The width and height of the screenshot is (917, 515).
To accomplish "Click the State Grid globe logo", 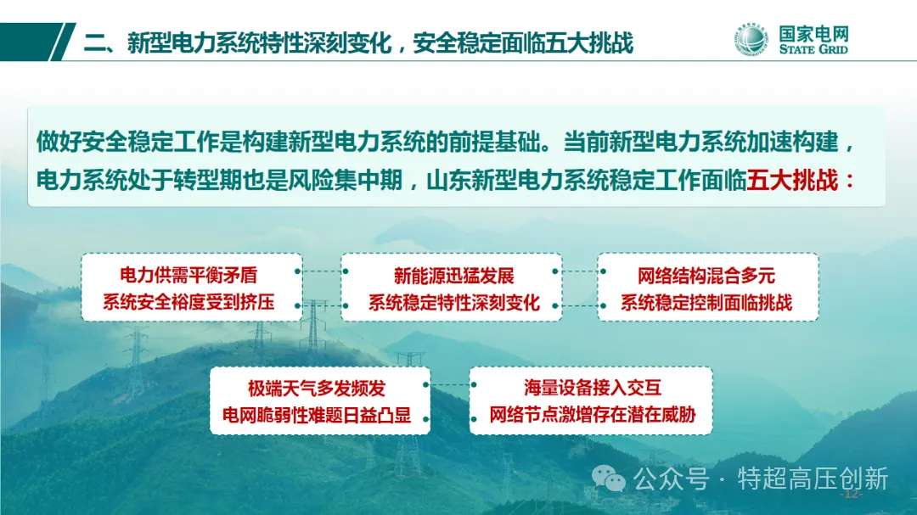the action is (x=751, y=40).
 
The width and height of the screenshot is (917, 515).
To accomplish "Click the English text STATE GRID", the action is (x=813, y=49).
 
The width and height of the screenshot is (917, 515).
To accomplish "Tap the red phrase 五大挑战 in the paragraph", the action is (x=792, y=180).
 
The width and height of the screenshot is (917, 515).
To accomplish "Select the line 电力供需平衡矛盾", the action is (x=188, y=275).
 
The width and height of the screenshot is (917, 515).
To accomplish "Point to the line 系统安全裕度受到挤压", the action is (x=188, y=302).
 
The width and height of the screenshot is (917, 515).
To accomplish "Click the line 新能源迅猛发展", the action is (x=453, y=276).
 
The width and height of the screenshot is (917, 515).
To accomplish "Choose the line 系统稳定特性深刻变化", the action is (x=453, y=303).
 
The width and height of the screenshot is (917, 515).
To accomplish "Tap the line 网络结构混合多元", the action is (x=706, y=276).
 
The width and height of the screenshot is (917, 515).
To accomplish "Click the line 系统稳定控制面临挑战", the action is (x=706, y=303).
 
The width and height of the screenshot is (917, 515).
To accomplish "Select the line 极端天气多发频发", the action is (x=317, y=388).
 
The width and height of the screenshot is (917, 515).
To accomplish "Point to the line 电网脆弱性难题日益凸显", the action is (x=317, y=415).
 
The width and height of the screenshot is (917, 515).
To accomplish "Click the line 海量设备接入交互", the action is (x=593, y=387).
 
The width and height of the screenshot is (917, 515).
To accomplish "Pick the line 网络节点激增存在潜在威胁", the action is (x=593, y=414).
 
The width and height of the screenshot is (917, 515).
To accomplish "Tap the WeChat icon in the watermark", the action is (x=608, y=479).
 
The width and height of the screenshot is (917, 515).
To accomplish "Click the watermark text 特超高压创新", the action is (x=813, y=479).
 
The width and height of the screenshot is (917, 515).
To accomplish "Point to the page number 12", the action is (x=851, y=495).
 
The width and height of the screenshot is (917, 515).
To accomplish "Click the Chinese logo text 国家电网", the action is (x=813, y=33).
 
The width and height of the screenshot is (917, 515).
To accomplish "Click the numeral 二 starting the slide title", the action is (x=95, y=43).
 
